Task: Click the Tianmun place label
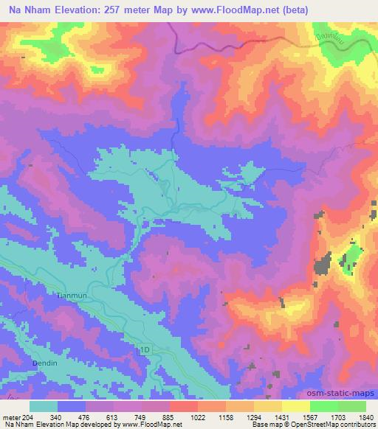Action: pyautogui.click(x=94, y=293)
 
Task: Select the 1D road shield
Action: pyautogui.click(x=145, y=348)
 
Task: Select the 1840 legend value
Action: pyautogui.click(x=366, y=418)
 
